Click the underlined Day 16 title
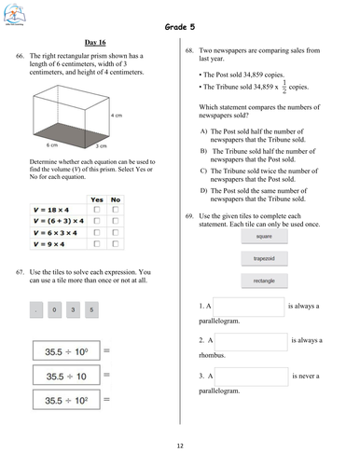click(x=96, y=42)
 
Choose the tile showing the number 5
click(x=90, y=308)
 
